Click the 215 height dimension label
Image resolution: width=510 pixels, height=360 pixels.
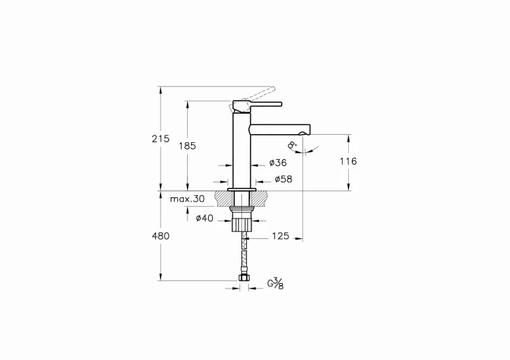click(x=160, y=138)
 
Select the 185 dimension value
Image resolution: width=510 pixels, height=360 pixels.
click(x=188, y=146)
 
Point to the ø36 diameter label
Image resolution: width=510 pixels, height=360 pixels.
click(x=277, y=163)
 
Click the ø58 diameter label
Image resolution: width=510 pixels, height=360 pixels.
click(x=283, y=180)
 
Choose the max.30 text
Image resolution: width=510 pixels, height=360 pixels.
click(x=187, y=199)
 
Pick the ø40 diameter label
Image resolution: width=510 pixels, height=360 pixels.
click(x=205, y=218)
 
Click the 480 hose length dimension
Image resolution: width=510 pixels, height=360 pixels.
click(x=160, y=235)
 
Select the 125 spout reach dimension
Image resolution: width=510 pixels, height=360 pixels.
click(x=280, y=236)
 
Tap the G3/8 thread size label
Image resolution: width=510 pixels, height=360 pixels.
click(x=275, y=282)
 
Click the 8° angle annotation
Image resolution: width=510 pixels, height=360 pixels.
click(x=292, y=145)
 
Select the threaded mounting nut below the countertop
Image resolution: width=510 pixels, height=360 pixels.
click(x=241, y=224)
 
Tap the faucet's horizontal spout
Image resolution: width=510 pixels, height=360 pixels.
click(x=280, y=129)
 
